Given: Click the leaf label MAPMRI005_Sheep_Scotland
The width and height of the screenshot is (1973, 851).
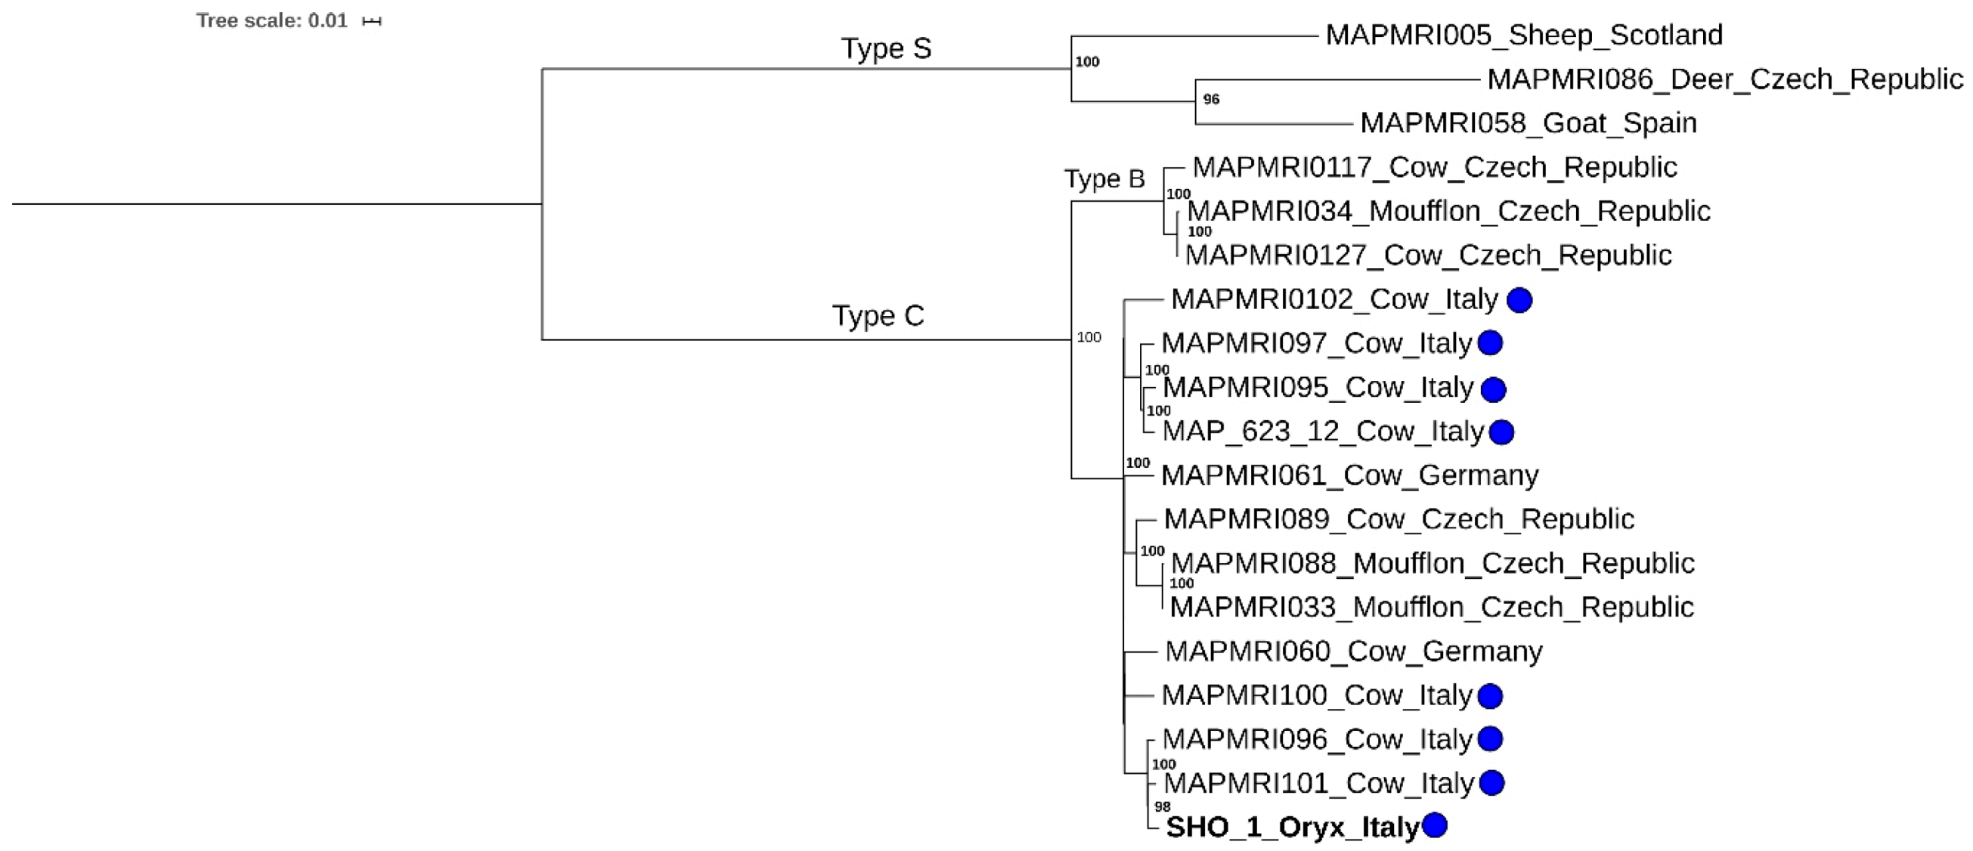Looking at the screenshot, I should [1523, 36].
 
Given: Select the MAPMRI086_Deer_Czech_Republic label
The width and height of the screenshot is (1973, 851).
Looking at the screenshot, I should [1725, 79].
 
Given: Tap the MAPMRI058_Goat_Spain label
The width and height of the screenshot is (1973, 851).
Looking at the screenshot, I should [1528, 123].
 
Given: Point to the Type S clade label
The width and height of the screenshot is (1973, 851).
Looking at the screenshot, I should [886, 49].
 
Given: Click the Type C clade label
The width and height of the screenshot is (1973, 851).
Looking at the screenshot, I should [878, 316].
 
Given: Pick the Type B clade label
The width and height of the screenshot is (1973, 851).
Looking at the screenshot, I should [1104, 179].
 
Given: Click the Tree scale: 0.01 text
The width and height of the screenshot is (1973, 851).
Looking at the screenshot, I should [272, 20].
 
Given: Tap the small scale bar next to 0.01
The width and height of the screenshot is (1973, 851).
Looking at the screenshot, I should [371, 21].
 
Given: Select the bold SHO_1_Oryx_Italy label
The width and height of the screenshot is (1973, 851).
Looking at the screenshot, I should [1292, 828].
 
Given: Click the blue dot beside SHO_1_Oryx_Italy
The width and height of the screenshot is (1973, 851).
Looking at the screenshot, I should [1434, 825].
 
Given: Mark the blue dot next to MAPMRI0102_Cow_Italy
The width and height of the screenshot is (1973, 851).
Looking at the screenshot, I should [1519, 300].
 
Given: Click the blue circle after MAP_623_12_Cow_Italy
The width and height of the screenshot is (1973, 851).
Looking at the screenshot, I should [1501, 432].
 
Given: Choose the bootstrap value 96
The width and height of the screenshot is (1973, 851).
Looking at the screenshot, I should [1211, 100].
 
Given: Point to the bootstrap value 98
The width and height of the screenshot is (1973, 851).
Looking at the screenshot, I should [1162, 806].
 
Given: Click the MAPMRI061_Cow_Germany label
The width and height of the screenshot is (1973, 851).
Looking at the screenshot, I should [1349, 475].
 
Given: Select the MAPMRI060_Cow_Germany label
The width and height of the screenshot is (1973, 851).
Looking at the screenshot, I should [1353, 651].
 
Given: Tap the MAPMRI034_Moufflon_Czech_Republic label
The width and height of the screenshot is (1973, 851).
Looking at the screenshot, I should [1448, 212].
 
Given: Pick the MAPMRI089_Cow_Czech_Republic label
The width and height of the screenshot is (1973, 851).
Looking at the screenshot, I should [1398, 519].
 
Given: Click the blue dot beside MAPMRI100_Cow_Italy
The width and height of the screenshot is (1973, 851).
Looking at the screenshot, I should [1490, 696].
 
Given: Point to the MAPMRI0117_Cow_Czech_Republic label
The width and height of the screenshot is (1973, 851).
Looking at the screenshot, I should [1434, 168].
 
